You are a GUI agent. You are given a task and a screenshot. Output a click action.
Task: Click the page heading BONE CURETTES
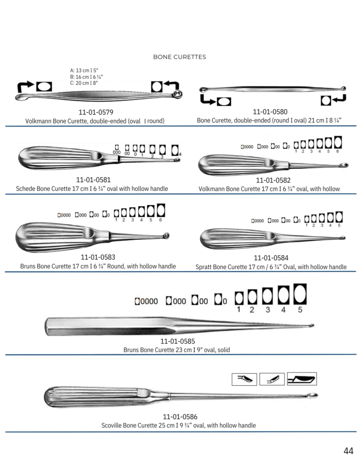tap(179, 57)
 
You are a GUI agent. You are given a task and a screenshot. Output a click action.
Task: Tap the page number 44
tap(348, 451)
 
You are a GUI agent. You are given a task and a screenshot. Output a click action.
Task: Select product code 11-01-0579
tap(96, 112)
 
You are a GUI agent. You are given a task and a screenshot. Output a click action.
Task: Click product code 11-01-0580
tap(270, 112)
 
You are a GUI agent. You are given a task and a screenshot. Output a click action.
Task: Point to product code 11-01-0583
tap(98, 257)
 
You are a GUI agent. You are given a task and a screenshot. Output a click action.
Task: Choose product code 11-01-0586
tap(180, 417)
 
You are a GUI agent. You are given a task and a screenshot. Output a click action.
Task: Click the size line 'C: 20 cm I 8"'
tap(84, 83)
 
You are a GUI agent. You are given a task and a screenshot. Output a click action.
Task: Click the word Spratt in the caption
tap(203, 267)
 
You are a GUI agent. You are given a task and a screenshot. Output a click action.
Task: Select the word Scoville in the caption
tap(111, 425)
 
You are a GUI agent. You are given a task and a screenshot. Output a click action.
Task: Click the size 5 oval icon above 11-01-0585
tap(300, 294)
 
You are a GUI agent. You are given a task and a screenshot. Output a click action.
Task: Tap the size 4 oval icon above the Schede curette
tap(175, 150)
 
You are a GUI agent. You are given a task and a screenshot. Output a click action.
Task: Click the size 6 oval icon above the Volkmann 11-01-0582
tap(338, 142)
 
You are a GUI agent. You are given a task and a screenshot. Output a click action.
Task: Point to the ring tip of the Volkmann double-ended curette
tap(178, 95)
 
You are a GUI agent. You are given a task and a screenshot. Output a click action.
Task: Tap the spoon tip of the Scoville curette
tap(313, 395)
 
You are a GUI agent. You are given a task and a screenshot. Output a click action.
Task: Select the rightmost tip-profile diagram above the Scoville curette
tap(302, 379)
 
